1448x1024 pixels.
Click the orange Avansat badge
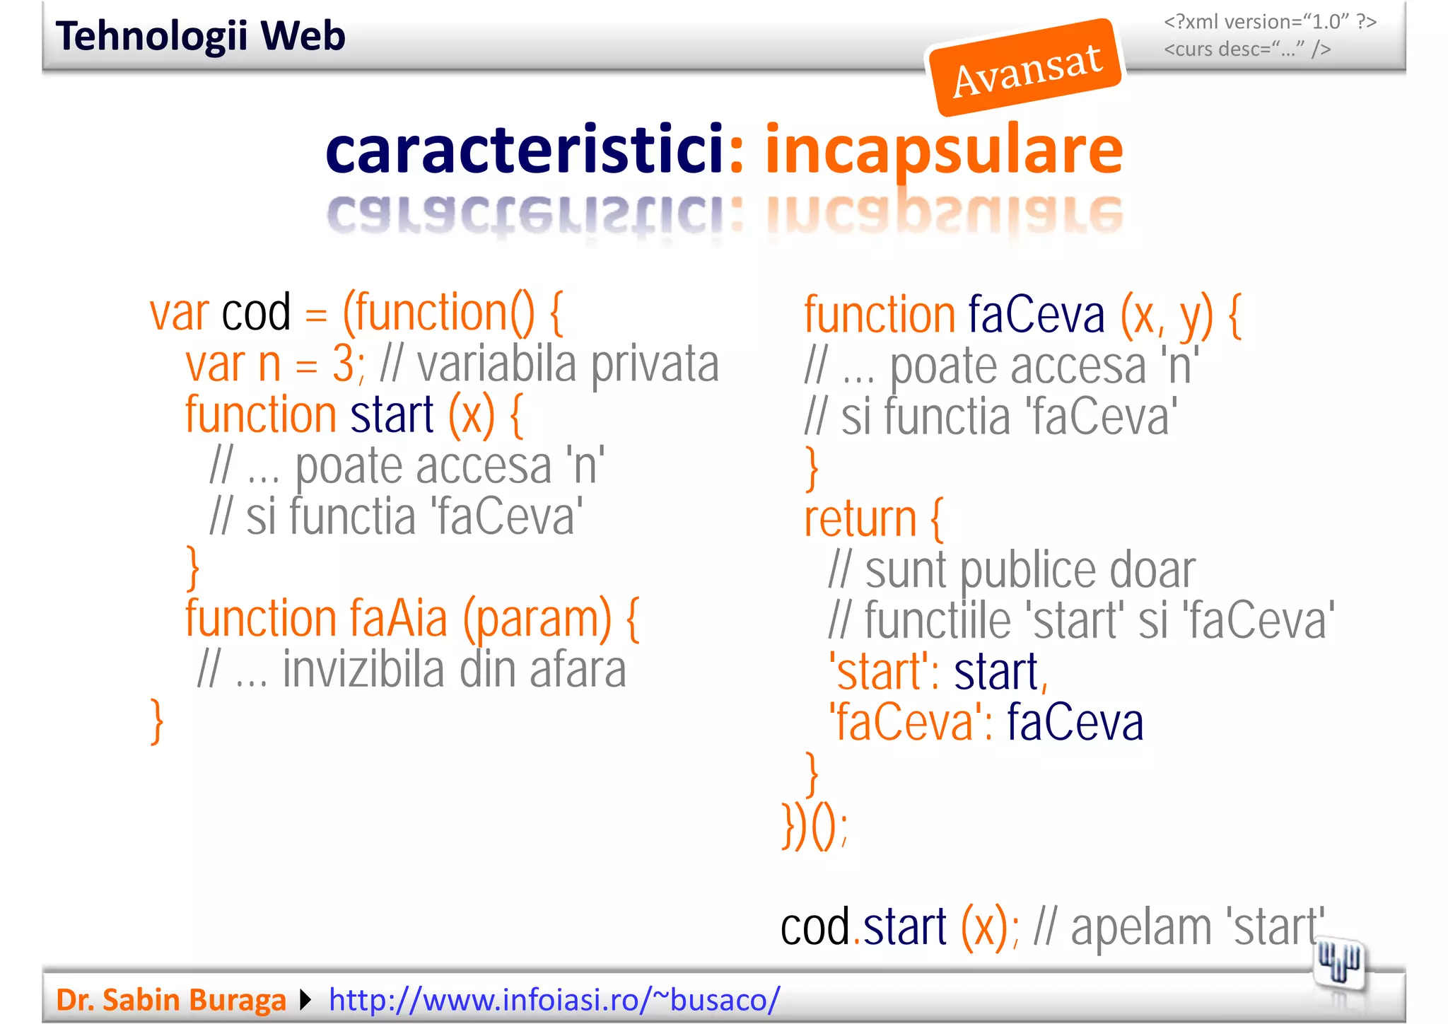click(1025, 68)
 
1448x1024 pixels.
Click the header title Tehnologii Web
click(200, 36)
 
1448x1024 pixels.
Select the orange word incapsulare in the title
click(943, 150)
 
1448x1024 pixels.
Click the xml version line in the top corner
click(1270, 22)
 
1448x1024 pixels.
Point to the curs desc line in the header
click(1247, 50)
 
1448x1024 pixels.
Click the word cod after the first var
click(256, 312)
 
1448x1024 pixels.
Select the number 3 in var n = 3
click(343, 364)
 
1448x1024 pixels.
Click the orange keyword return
click(860, 519)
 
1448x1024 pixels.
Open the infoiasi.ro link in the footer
click(554, 1000)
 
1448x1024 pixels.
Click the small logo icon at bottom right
click(1338, 964)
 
